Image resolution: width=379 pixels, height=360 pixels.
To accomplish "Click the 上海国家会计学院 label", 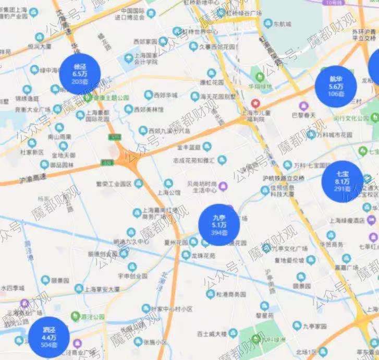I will click(x=144, y=61).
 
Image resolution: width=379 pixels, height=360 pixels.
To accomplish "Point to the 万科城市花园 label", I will click(x=334, y=135).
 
